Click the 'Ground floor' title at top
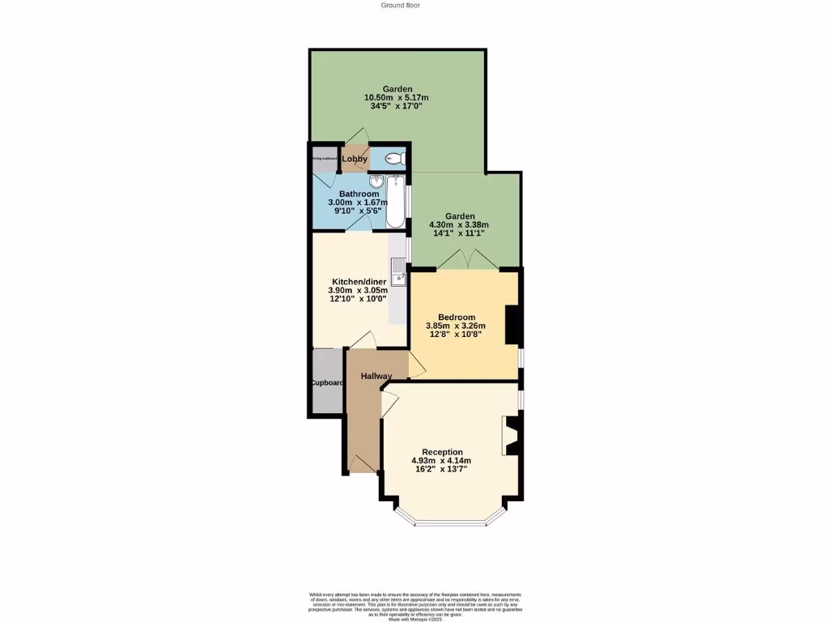click(400, 5)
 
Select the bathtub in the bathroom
click(395, 201)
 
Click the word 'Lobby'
click(355, 159)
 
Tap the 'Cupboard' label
click(326, 383)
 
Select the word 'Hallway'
click(376, 376)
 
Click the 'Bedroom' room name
click(456, 317)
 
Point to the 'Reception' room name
click(442, 452)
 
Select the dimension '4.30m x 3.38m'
click(459, 225)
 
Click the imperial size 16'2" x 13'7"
click(440, 469)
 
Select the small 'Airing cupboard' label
click(324, 159)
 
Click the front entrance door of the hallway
click(362, 463)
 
